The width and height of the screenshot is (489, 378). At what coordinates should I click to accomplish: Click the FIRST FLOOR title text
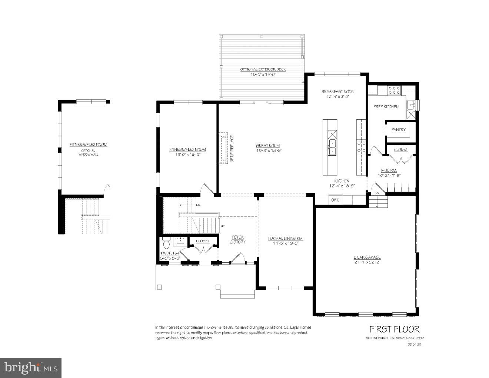pos(395,329)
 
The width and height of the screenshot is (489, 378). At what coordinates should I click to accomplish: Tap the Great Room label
pos(268,146)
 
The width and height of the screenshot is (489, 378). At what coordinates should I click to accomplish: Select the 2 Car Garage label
pos(367,257)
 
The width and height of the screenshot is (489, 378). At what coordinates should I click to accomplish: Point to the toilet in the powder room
pos(166,243)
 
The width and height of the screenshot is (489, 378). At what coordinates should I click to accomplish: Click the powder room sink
pos(179,241)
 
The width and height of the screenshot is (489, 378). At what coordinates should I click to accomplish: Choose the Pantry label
pos(399,130)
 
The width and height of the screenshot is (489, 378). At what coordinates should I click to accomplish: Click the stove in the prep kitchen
pos(394,90)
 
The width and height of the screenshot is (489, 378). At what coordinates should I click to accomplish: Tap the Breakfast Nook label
pos(337,92)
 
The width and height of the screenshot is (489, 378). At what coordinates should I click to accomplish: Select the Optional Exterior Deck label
pos(263,69)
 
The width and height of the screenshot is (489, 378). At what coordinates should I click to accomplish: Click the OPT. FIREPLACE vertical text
pos(232,149)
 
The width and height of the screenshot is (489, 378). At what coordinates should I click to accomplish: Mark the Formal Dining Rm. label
pos(286,238)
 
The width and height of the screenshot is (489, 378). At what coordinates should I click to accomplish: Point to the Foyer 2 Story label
pos(237,239)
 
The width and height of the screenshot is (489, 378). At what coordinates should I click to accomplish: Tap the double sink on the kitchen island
pos(332,147)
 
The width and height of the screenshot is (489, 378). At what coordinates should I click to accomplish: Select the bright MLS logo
pos(30,368)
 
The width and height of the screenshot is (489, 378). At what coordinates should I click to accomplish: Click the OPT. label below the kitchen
pos(335,200)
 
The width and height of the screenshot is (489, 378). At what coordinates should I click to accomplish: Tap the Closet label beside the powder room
pos(203,241)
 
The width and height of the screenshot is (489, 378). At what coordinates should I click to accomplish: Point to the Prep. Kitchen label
pos(386,107)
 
